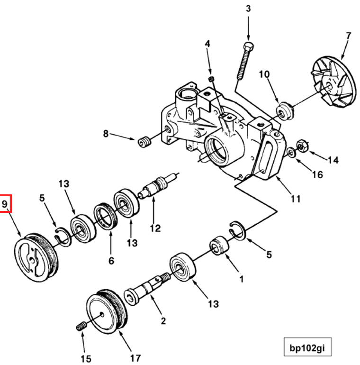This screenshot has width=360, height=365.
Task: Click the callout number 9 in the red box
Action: [x=5, y=204]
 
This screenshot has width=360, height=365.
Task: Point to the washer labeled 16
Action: [x=290, y=152]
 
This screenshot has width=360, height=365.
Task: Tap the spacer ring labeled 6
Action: [x=106, y=216]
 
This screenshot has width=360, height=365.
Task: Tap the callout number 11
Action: [x=296, y=200]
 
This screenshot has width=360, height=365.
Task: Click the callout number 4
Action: [x=207, y=44]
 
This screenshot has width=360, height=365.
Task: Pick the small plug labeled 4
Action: [x=212, y=78]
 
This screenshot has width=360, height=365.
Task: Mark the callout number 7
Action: [x=348, y=36]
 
